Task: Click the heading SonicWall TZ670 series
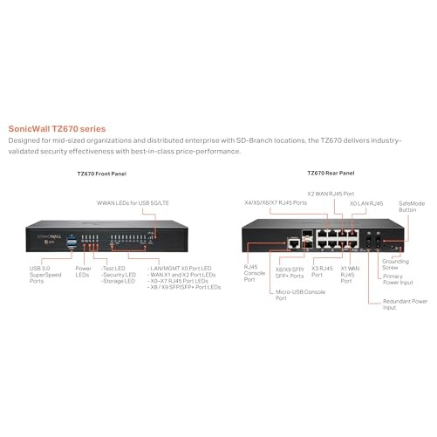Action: pos(57,129)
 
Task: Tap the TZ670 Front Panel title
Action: pos(102,174)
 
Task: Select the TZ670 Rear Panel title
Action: pos(331,173)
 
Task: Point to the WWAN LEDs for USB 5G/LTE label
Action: pos(133,203)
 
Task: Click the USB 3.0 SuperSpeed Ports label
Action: pos(45,275)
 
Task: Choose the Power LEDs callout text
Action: pos(83,271)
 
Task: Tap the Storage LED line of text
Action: pos(119,281)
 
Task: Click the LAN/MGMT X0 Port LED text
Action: pos(180,269)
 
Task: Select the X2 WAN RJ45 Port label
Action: pos(331,194)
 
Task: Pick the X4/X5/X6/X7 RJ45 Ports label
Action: pos(276,202)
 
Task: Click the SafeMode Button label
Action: pos(412,207)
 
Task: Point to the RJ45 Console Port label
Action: pos(255,273)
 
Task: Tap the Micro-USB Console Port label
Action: pos(300,295)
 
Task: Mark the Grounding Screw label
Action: pos(395,264)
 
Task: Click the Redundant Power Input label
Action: pos(405,304)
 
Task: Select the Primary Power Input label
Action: pos(398,279)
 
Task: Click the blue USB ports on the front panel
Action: pos(72,242)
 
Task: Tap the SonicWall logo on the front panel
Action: pos(49,236)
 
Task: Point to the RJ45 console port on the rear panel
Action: pos(294,243)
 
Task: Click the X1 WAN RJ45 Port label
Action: pos(350,275)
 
